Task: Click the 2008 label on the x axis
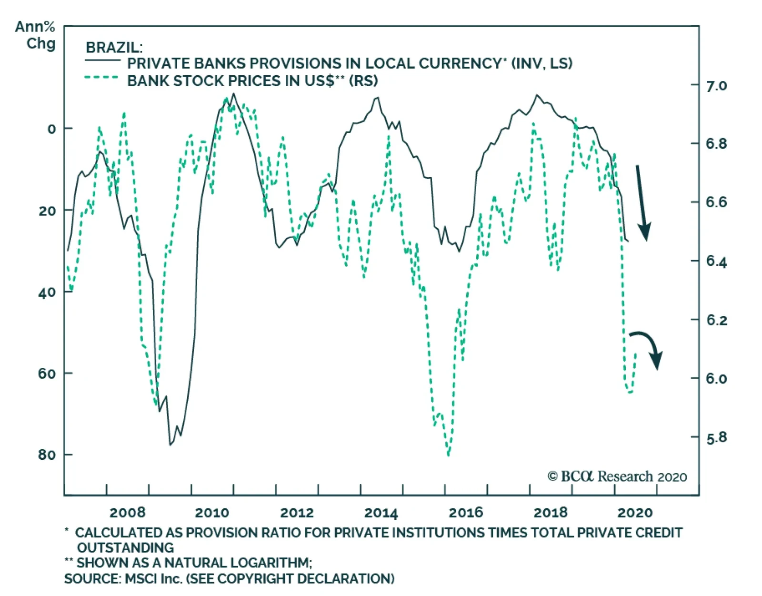pos(127,513)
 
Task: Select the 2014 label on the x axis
pos(381,513)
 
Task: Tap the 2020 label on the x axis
pos(635,513)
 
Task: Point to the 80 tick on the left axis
pos(47,455)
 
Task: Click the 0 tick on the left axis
pos(51,129)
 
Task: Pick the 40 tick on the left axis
pos(47,292)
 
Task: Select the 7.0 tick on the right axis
pos(716,86)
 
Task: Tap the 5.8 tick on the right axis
pos(716,437)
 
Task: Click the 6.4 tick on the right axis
pos(716,261)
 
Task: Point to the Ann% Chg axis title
pos(35,35)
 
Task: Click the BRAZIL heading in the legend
pos(114,48)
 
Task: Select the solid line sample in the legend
pos(102,61)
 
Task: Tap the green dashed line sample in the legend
pos(101,78)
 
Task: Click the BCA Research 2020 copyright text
pos(617,476)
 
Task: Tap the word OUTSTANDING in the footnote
pos(125,547)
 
